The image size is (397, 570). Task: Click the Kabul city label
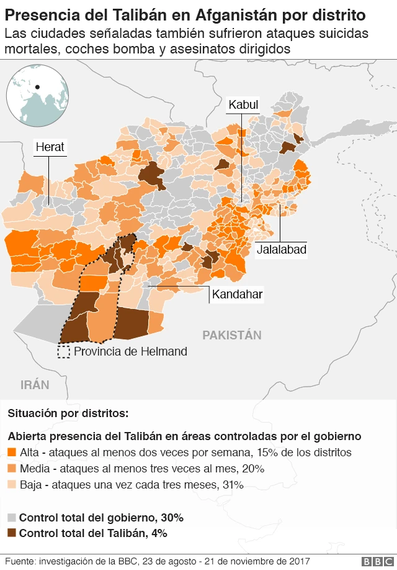coord(243,105)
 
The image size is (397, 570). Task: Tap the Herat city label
coord(50,147)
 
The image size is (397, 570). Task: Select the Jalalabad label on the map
coord(281,249)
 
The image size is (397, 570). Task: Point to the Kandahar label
coord(238,294)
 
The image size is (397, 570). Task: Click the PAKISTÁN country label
coord(232,335)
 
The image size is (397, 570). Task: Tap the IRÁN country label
coord(35,385)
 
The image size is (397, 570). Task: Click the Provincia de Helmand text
coord(130,351)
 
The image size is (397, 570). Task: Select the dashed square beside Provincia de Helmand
coord(63,352)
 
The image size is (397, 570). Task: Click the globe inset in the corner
coord(37,96)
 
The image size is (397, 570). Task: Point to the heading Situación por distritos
coord(68,413)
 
